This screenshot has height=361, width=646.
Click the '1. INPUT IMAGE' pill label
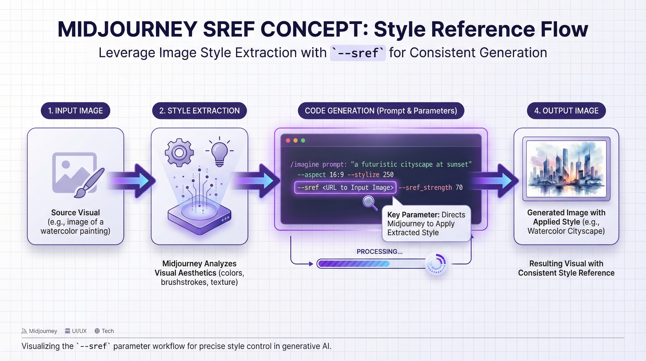point(76,111)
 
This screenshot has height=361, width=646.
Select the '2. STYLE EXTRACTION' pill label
point(199,111)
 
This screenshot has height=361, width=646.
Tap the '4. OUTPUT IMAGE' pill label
point(566,111)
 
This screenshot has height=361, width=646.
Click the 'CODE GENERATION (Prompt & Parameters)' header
point(381,111)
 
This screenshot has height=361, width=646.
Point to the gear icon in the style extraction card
point(179,153)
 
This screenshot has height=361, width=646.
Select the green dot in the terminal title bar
point(303,141)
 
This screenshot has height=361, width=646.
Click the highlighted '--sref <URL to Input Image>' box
point(345,188)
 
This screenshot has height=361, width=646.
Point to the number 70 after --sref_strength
point(459,188)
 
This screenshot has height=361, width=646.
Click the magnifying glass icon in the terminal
point(369,202)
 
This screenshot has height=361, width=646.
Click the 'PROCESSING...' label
point(379,251)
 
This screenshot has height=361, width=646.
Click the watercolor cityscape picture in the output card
point(566,169)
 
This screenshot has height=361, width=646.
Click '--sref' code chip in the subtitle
point(358,53)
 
